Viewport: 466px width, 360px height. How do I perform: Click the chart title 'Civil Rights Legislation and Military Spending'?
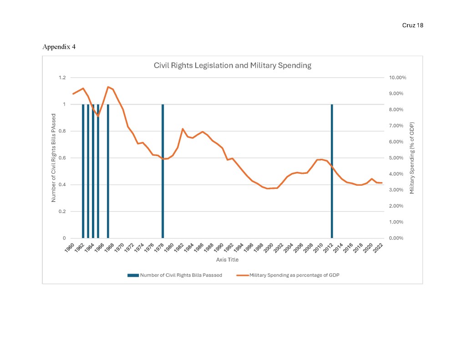232,66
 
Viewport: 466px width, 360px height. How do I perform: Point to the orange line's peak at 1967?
108,87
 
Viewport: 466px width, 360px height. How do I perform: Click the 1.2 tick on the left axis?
62,78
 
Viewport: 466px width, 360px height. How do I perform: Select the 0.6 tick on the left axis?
62,158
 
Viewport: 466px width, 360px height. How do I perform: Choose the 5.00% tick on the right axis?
398,158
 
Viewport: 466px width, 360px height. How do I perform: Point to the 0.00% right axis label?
398,238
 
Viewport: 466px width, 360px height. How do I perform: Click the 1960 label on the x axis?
69,248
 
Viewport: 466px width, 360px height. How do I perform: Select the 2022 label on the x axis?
378,248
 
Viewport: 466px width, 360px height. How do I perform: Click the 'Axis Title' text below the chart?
227,260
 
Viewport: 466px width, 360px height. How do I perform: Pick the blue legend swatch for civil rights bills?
133,275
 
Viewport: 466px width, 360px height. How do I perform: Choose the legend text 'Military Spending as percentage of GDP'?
294,275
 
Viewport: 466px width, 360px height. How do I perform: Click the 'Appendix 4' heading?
59,47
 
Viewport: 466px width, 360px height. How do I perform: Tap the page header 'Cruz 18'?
413,25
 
